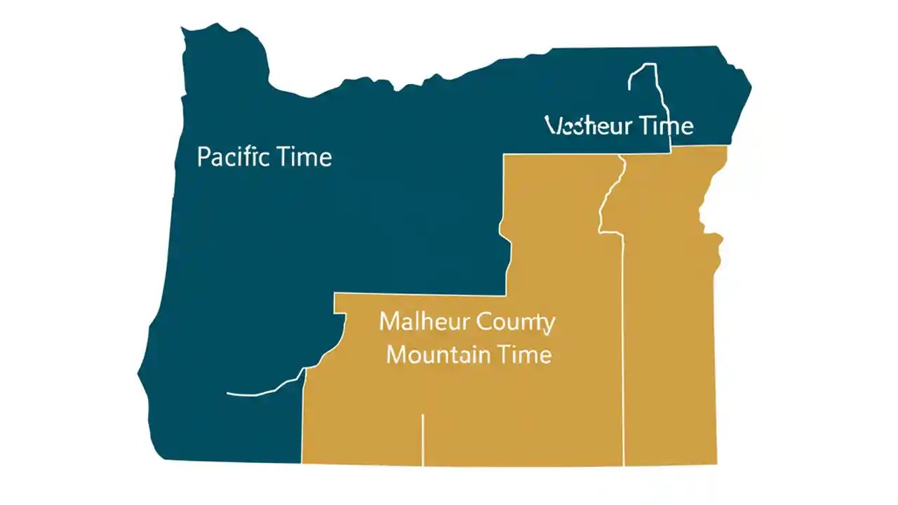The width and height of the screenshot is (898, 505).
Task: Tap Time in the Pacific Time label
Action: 304,156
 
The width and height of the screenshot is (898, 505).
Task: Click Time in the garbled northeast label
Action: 664,126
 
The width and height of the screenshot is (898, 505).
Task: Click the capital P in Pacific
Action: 203,156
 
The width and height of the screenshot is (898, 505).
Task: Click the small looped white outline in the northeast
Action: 643,77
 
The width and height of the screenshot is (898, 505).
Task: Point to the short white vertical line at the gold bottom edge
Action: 422,439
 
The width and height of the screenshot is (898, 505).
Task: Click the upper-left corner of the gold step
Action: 335,295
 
